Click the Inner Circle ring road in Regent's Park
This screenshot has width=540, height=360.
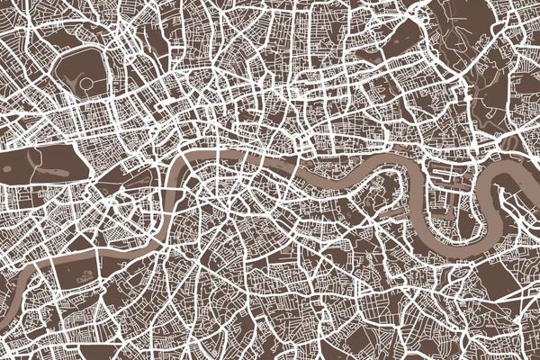(86, 85)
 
